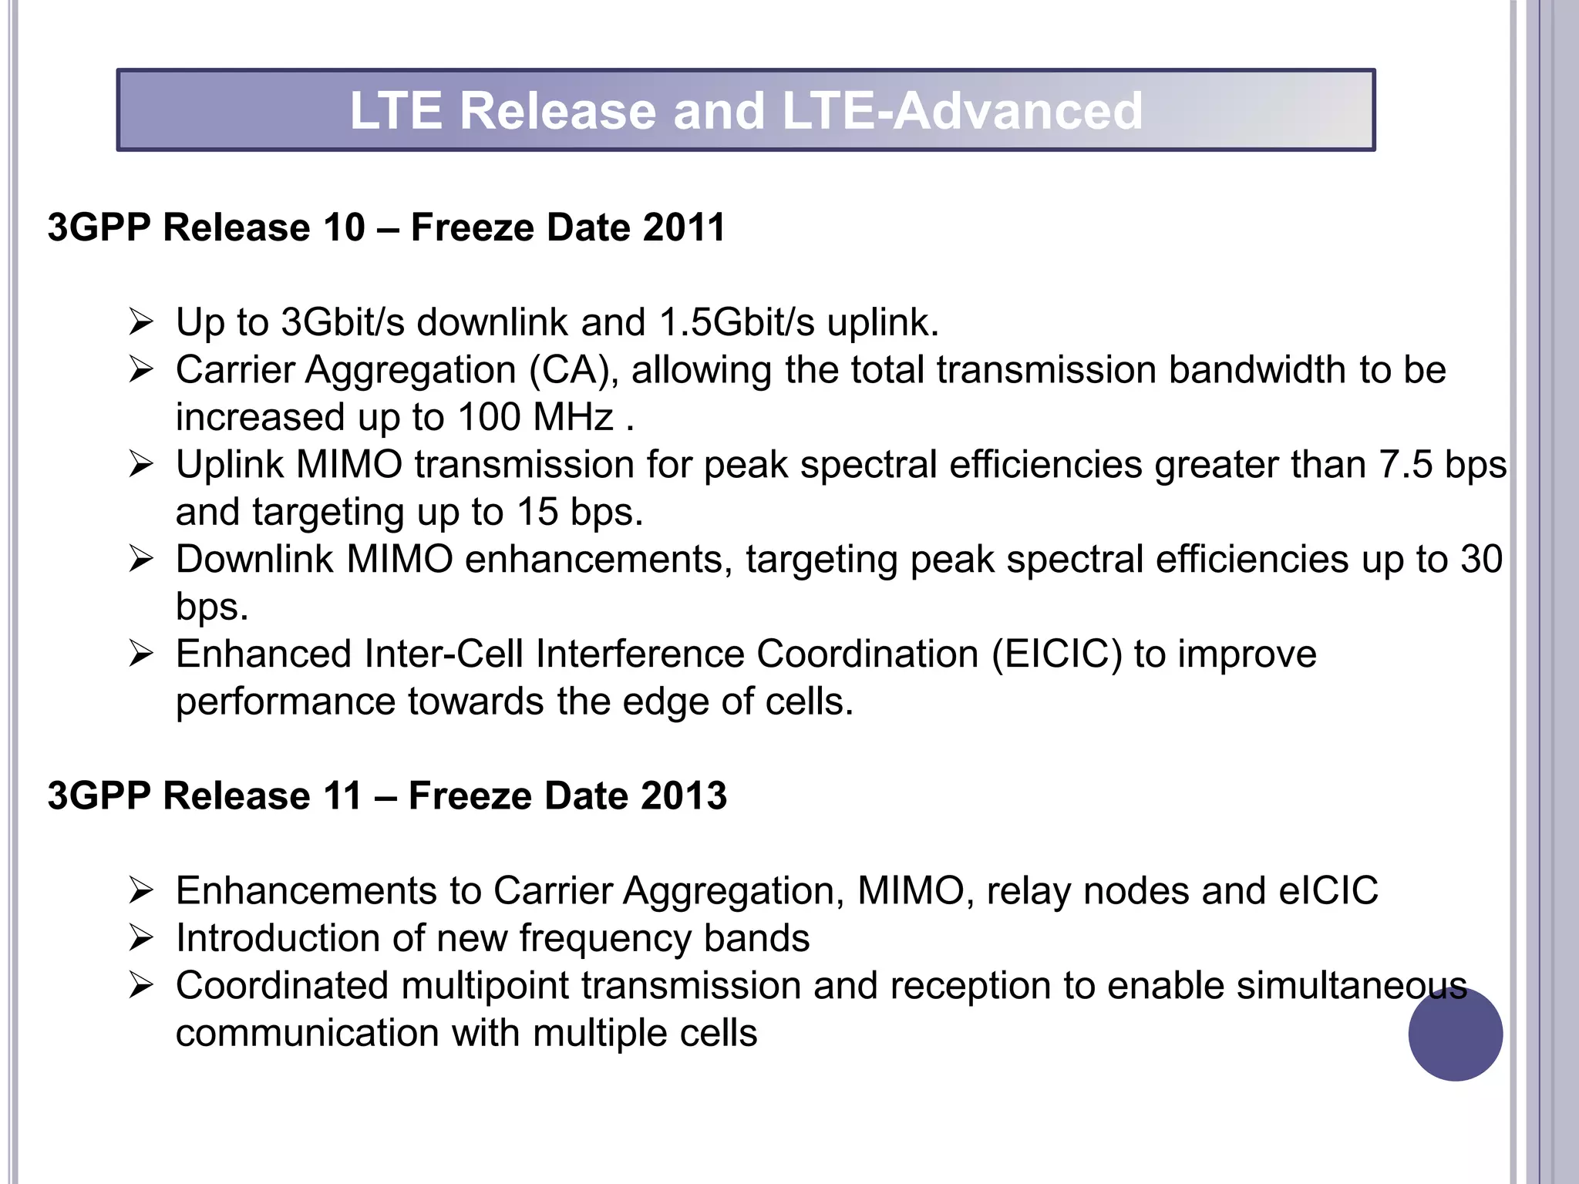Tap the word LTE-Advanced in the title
pos(961,110)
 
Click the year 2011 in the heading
pos(684,227)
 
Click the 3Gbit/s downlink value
pos(342,322)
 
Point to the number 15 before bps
pos(537,512)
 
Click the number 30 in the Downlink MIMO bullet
pos(1481,560)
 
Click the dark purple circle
pos(1455,1034)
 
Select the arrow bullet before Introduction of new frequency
pos(142,939)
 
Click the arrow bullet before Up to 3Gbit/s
pos(142,322)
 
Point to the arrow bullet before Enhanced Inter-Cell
pos(142,654)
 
